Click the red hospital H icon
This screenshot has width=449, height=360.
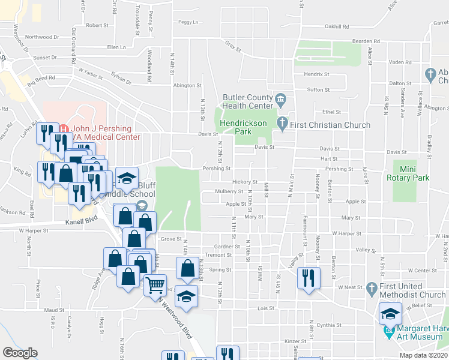(x=64, y=128)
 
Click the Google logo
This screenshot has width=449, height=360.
(x=19, y=353)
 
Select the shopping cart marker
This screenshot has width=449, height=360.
(x=155, y=285)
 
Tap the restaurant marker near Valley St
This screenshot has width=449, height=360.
(x=309, y=278)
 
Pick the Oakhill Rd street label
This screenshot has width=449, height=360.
(x=337, y=26)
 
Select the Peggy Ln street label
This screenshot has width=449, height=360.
(x=188, y=22)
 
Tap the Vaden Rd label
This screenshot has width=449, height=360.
(x=398, y=62)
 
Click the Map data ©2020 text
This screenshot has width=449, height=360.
(x=423, y=355)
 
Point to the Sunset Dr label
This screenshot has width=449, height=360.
(x=46, y=58)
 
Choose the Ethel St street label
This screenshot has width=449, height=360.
(x=331, y=112)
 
